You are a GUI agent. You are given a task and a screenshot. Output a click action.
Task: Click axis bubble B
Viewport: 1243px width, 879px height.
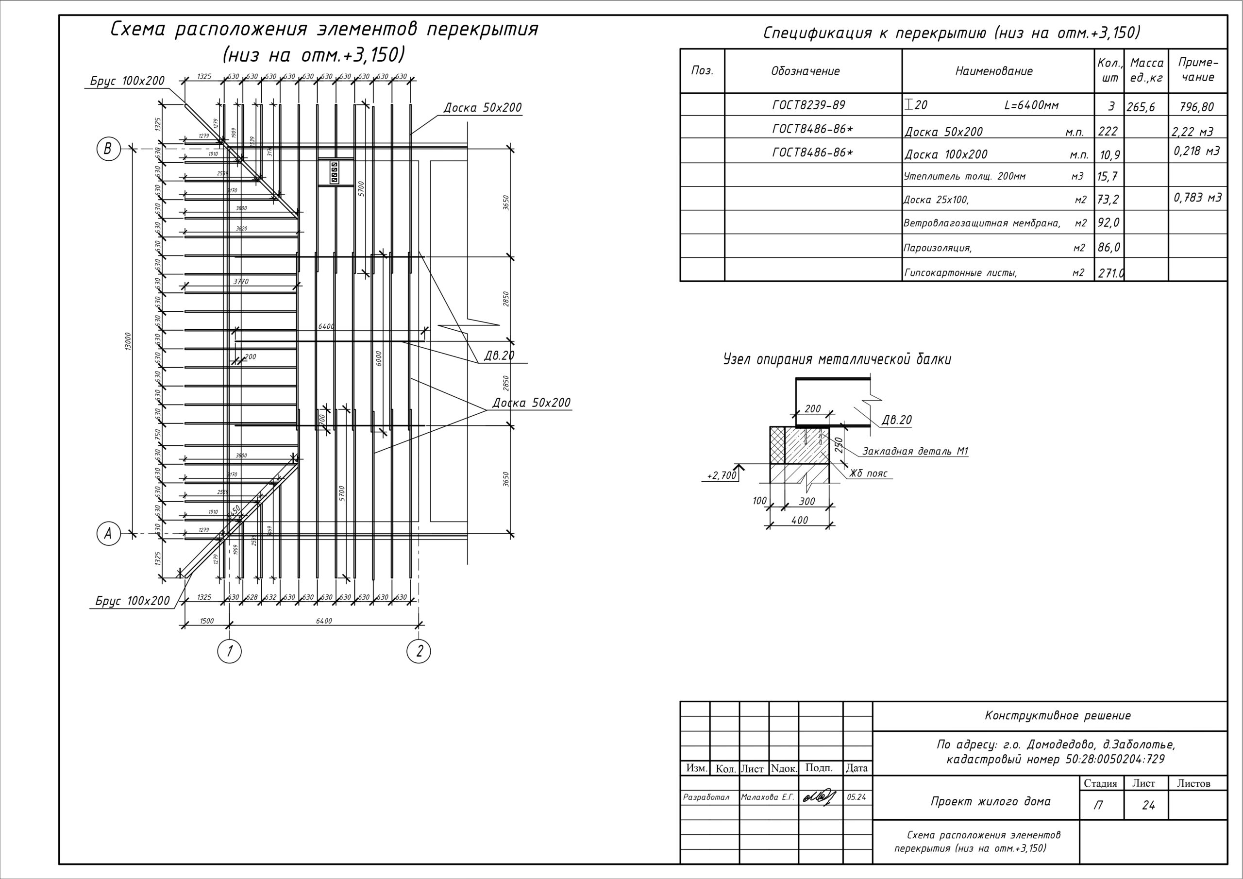click(x=108, y=149)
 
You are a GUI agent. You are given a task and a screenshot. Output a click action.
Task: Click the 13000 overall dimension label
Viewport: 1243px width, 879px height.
click(x=128, y=341)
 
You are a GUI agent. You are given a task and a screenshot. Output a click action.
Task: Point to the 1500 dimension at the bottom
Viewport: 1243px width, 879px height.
click(x=207, y=621)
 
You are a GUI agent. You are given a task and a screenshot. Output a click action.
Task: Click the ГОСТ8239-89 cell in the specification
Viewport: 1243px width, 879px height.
click(x=808, y=104)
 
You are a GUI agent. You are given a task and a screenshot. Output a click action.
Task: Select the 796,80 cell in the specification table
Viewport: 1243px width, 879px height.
click(x=1196, y=107)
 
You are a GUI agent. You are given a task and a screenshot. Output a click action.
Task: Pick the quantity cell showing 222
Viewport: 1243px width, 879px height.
click(x=1108, y=131)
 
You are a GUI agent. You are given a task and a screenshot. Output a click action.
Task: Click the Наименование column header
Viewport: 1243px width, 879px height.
click(x=993, y=71)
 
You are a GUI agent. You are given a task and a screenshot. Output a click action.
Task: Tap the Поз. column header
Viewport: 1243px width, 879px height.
click(x=702, y=70)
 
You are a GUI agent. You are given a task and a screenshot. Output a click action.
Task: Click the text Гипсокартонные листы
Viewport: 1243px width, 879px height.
click(x=960, y=273)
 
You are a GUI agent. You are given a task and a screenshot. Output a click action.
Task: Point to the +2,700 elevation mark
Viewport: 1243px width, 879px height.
click(x=722, y=475)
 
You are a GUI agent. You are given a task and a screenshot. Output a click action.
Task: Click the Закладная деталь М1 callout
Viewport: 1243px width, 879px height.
click(x=915, y=451)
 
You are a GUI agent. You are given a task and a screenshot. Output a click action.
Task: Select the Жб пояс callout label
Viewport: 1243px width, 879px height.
click(x=868, y=473)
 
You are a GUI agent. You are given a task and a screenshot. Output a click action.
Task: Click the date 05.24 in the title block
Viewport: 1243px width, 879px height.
click(x=856, y=797)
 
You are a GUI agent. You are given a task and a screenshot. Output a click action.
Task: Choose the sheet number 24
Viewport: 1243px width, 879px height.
click(x=1148, y=805)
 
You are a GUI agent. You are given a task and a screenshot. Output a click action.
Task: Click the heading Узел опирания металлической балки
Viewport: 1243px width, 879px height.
click(x=837, y=360)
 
